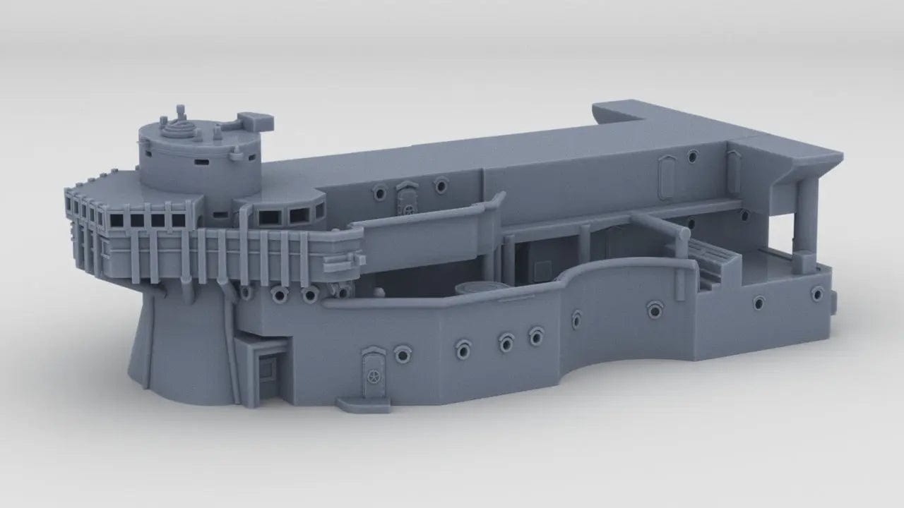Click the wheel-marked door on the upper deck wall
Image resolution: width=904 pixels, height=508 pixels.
[408, 199]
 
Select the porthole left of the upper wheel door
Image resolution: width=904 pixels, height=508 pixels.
[380, 191]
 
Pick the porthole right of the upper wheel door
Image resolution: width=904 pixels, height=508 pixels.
[441, 185]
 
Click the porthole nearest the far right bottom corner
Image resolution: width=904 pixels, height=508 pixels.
[818, 293]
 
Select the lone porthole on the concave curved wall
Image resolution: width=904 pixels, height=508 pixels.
[655, 308]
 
